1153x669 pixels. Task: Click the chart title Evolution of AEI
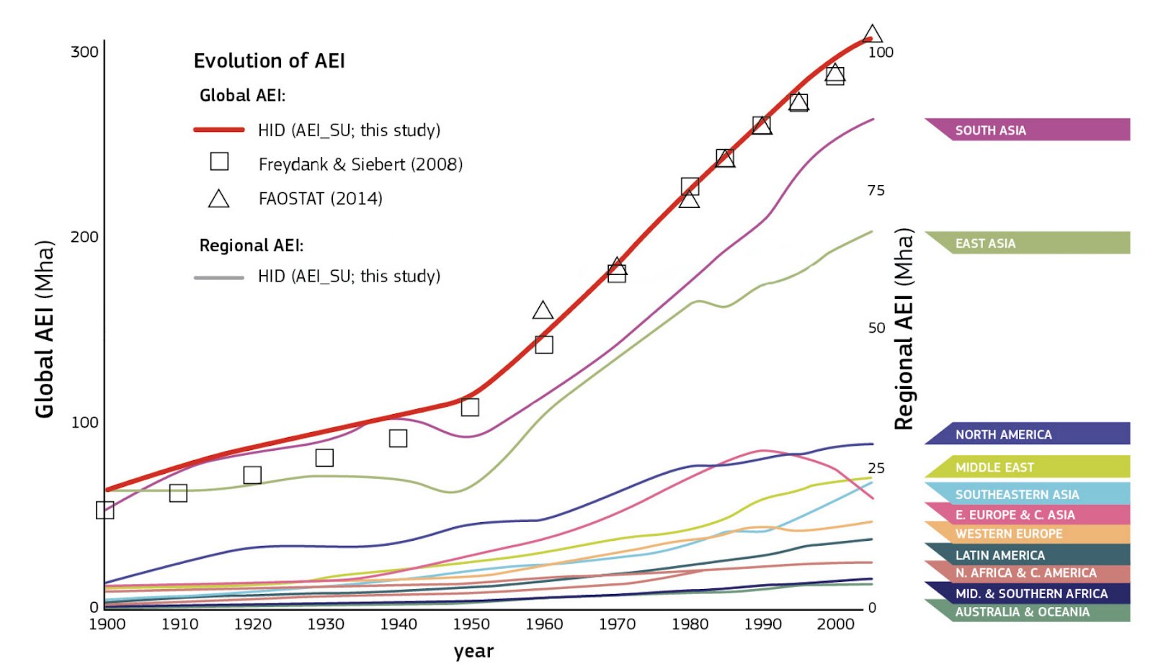click(269, 60)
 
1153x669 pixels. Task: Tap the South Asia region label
click(990, 130)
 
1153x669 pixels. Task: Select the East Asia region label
click(985, 243)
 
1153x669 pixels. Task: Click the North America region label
click(1003, 434)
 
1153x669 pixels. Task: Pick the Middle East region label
click(994, 467)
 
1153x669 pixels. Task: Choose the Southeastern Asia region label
click(1017, 495)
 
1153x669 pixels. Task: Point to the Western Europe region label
click(1009, 534)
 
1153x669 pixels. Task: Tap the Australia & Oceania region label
click(1022, 612)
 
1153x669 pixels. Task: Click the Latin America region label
click(1000, 555)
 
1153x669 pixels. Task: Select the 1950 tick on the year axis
click(471, 624)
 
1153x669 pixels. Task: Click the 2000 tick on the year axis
click(835, 624)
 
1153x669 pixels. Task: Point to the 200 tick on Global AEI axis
click(84, 237)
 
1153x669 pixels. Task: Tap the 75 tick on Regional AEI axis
click(876, 190)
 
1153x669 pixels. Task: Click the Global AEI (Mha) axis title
click(45, 329)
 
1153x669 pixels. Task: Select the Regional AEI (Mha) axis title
click(904, 329)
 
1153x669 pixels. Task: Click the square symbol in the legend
click(219, 161)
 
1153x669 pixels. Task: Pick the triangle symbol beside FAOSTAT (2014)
click(219, 199)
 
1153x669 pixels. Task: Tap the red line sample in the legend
click(219, 130)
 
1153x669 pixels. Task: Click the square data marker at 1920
click(252, 475)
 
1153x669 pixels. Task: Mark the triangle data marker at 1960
click(543, 311)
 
